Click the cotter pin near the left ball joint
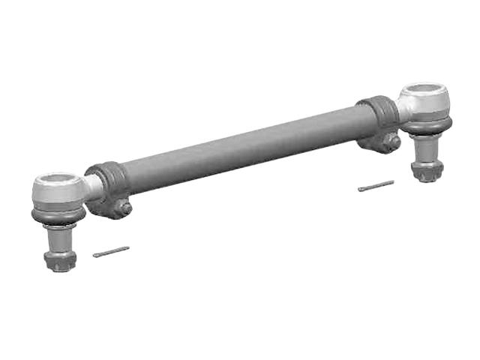tap(111, 252)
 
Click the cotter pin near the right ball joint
tap(376, 185)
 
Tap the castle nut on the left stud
tap(59, 260)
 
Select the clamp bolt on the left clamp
tap(124, 208)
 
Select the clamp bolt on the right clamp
tap(391, 140)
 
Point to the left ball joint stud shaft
tap(57, 239)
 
